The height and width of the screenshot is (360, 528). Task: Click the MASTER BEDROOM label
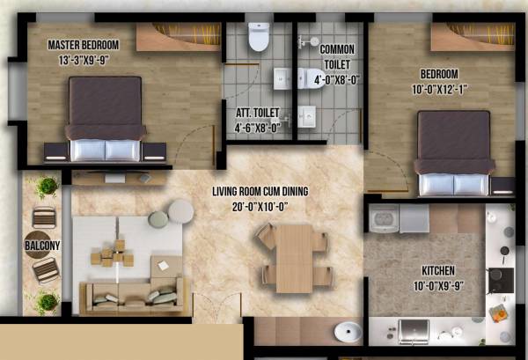tap(84, 45)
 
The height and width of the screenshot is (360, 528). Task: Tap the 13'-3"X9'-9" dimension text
tap(84, 60)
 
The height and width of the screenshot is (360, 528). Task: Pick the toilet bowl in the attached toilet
tap(259, 37)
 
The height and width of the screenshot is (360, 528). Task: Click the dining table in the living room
tap(293, 257)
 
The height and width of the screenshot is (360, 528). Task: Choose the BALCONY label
tap(42, 246)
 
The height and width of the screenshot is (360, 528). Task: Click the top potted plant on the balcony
tap(44, 187)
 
